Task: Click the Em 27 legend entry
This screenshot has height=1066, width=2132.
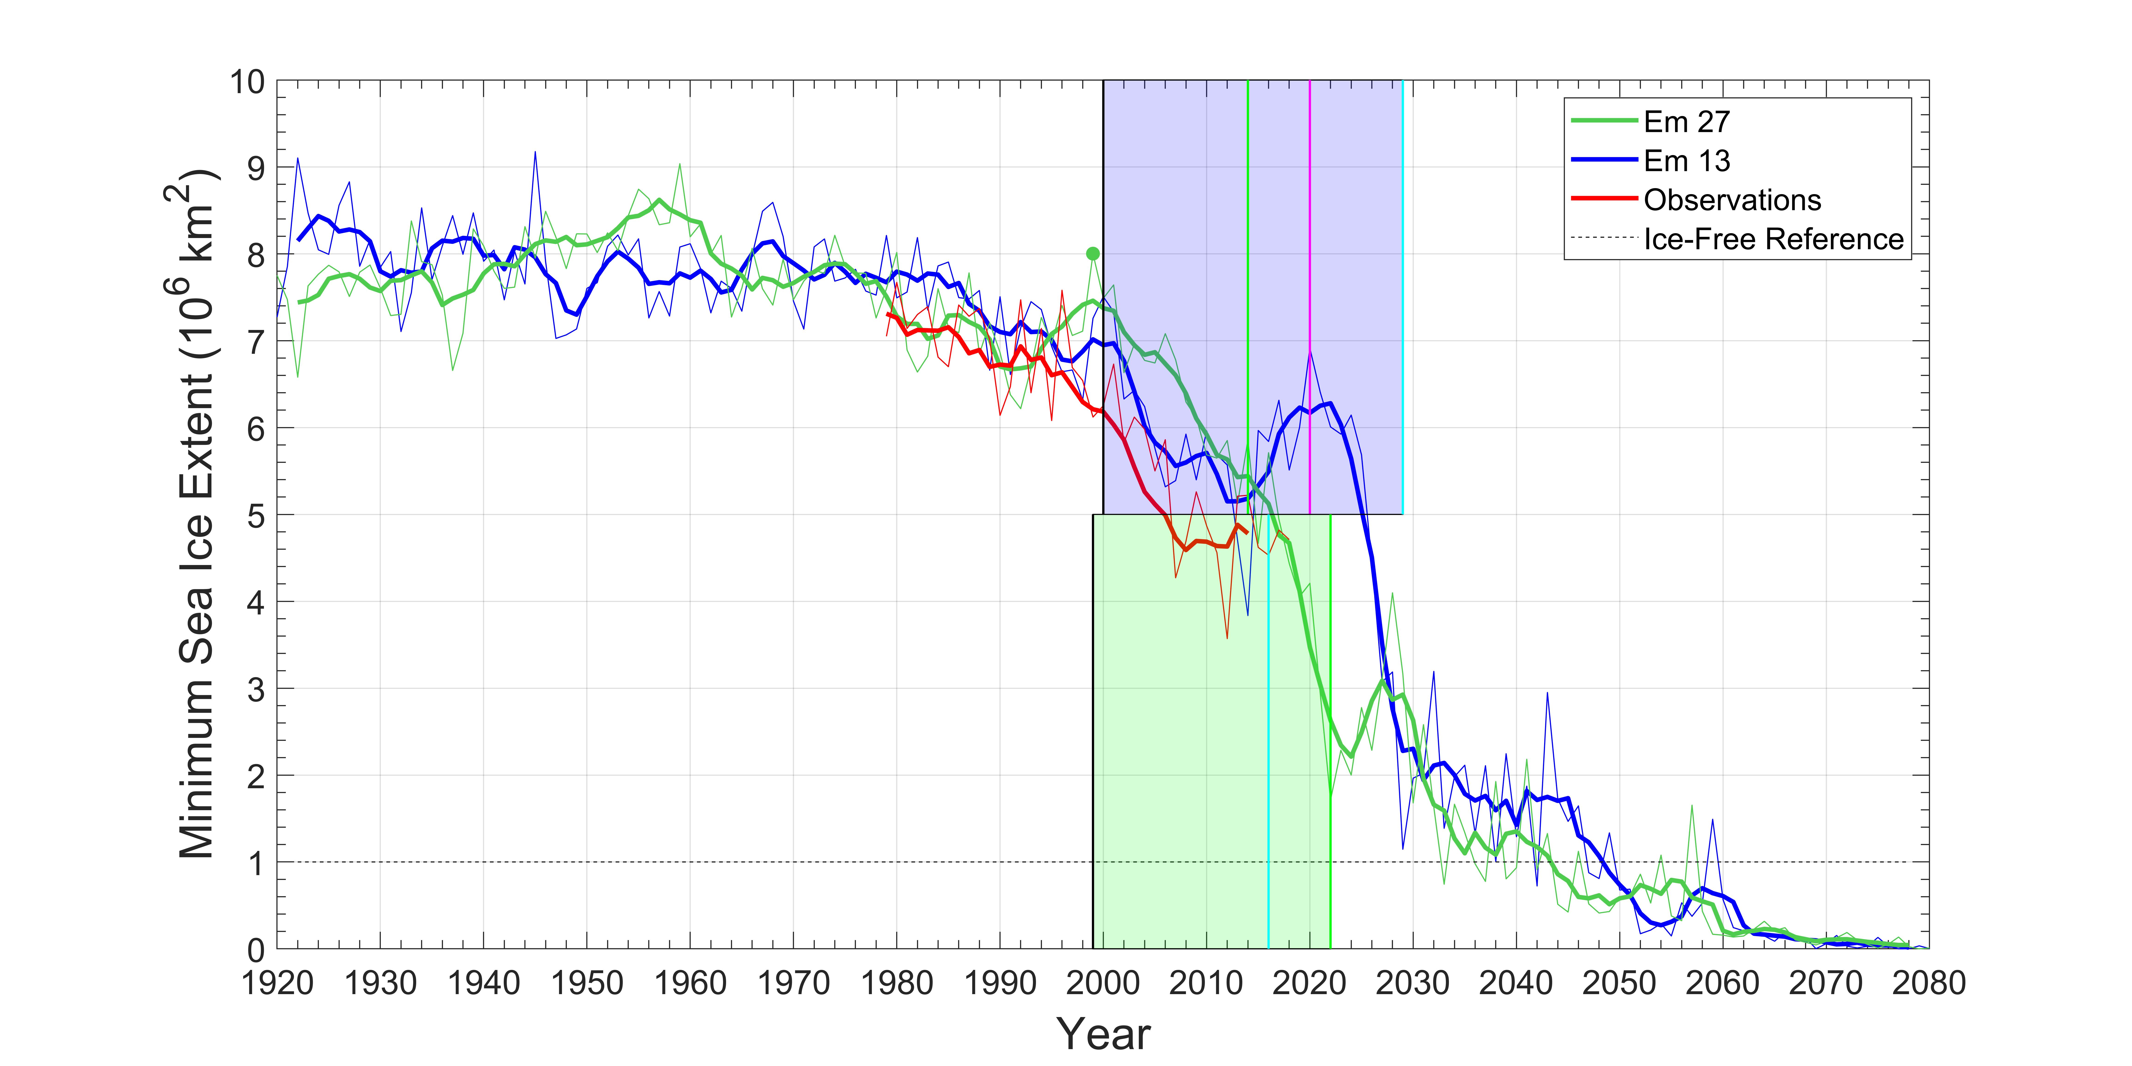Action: [x=1687, y=122]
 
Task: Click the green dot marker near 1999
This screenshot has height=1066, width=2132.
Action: [x=1093, y=253]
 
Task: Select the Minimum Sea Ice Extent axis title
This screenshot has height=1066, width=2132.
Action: [x=197, y=513]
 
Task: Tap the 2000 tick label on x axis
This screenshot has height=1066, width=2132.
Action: [x=1103, y=983]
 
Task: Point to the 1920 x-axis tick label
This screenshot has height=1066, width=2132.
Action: [x=277, y=983]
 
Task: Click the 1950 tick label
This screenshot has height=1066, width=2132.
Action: [x=587, y=983]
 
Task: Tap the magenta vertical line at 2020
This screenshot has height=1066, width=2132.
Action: [x=1309, y=297]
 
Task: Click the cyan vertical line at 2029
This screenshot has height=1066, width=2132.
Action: [x=1403, y=297]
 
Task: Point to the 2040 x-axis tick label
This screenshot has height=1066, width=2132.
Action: [x=1516, y=983]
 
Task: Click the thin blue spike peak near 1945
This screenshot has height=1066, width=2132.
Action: [x=535, y=151]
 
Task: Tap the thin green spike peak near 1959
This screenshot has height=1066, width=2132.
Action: [x=679, y=164]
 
